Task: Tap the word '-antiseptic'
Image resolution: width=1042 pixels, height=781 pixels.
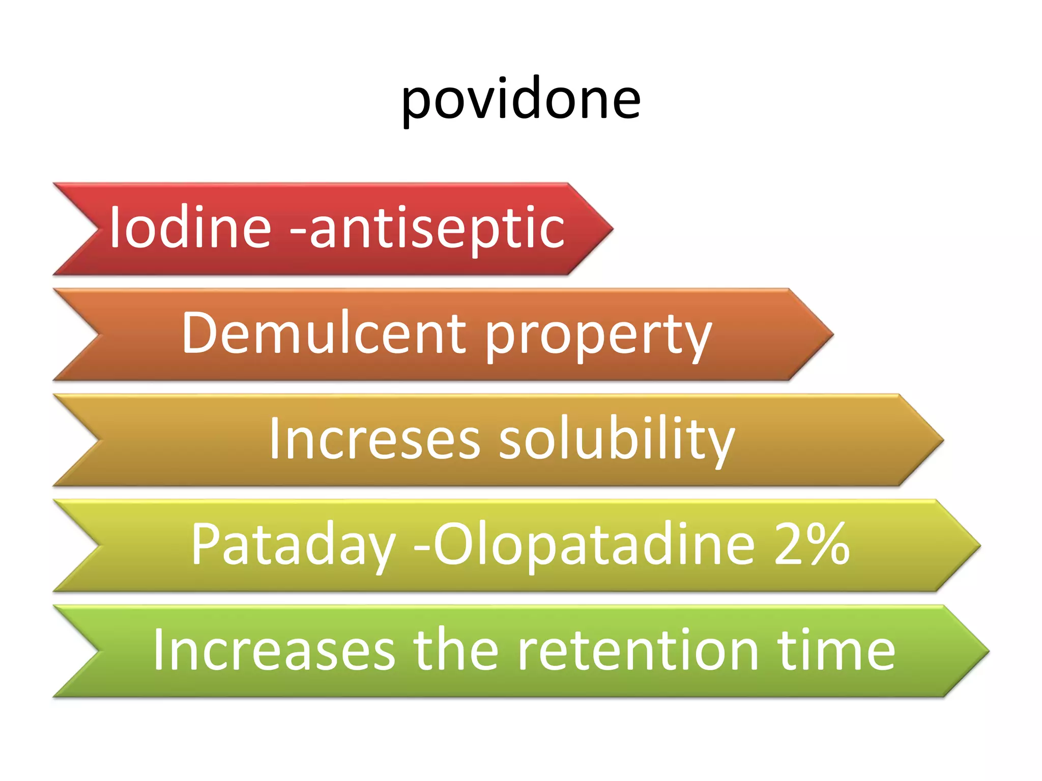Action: tap(427, 229)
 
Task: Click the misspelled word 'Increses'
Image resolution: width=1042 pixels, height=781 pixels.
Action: tap(374, 438)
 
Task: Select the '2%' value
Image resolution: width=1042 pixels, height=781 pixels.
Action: tap(812, 544)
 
